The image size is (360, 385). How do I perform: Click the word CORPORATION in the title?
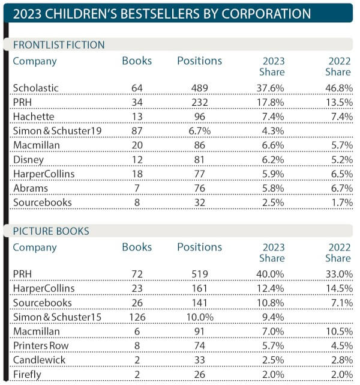(x=266, y=13)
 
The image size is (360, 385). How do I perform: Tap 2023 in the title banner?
(x=27, y=14)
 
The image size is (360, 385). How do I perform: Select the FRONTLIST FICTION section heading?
(x=59, y=45)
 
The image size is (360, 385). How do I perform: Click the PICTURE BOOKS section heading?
(x=51, y=231)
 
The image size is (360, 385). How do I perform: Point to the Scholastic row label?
(x=36, y=88)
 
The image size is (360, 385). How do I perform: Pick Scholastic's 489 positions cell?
(x=200, y=88)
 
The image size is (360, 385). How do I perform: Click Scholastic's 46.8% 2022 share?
(x=339, y=88)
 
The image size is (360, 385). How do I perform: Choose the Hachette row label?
(x=34, y=117)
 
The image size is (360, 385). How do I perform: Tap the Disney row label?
(x=28, y=160)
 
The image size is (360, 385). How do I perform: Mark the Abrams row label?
(x=31, y=189)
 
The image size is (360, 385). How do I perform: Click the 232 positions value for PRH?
(x=200, y=102)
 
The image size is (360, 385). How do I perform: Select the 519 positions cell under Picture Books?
(x=200, y=274)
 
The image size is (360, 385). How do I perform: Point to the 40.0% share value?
(x=270, y=274)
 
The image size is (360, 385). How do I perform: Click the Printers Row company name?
(x=41, y=346)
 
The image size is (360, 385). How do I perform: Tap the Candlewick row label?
(x=39, y=360)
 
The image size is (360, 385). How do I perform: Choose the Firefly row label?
(x=27, y=375)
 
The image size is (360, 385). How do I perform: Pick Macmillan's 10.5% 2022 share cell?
(x=340, y=332)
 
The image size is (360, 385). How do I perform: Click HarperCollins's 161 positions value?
(x=200, y=288)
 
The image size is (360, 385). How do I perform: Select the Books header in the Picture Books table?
(x=137, y=247)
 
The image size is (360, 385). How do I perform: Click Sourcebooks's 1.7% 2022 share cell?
(x=342, y=202)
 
